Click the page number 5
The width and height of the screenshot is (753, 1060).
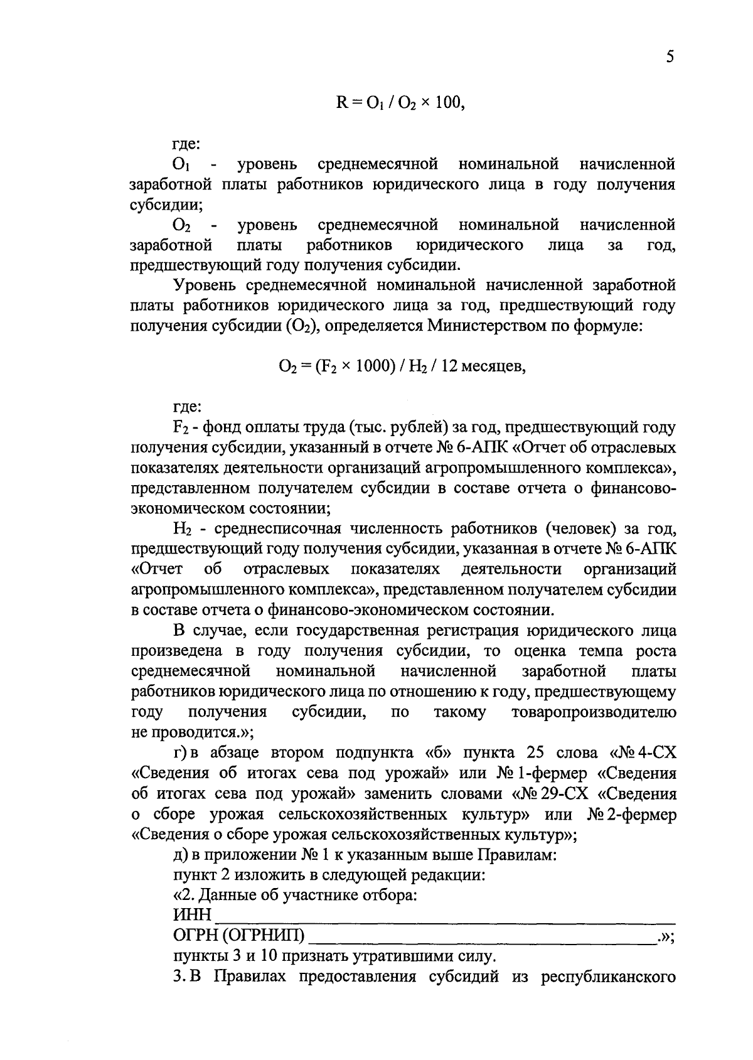tap(670, 58)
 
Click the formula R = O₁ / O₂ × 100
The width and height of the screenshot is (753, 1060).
tap(400, 102)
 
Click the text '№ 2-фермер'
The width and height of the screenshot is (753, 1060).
tap(632, 814)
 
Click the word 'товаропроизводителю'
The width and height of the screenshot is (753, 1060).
tap(594, 712)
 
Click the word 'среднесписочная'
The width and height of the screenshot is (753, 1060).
tap(271, 528)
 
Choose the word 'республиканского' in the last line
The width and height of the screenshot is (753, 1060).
tap(608, 977)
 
